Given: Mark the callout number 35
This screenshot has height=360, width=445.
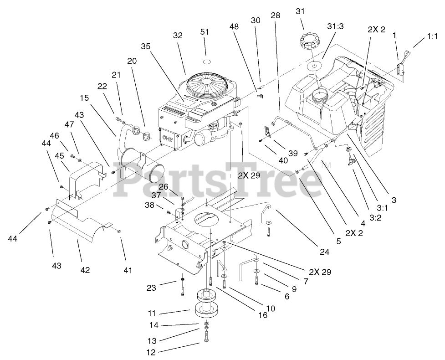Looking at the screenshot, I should tap(145, 46).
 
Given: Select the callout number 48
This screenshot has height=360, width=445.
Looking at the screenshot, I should tap(234, 27).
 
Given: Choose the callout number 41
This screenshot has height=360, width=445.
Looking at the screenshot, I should tap(128, 270).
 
